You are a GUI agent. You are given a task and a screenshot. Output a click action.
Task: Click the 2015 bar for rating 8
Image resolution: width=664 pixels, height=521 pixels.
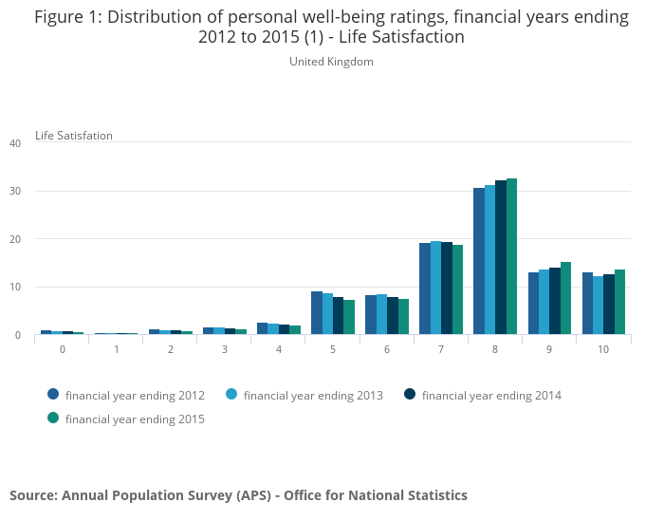[511, 256]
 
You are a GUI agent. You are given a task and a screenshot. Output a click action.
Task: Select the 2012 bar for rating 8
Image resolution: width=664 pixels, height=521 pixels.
[479, 261]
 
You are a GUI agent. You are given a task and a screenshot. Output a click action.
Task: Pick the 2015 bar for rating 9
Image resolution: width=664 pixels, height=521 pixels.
[565, 298]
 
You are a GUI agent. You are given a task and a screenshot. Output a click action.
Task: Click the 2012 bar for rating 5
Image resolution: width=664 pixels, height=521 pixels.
[317, 313]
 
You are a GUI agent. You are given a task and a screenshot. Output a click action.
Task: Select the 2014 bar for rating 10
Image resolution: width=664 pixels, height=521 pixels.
[609, 305]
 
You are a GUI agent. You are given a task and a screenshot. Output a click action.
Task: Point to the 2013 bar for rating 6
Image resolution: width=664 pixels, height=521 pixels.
[381, 314]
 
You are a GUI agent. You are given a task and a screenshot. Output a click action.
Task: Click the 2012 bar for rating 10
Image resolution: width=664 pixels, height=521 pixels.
[587, 304]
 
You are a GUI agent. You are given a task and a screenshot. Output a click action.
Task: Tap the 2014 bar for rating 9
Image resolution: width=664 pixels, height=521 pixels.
[555, 301]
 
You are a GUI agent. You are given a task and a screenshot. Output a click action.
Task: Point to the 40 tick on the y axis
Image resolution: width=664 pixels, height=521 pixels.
[15, 143]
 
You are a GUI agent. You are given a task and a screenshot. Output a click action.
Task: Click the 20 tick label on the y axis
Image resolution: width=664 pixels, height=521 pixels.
[15, 239]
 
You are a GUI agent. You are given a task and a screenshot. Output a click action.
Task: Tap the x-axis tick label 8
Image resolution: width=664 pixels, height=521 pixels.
[495, 349]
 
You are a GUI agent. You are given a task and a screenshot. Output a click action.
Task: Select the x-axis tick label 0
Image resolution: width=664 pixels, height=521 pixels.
[62, 349]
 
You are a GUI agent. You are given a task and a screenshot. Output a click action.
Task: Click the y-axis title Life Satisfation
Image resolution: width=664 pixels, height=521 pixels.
[74, 136]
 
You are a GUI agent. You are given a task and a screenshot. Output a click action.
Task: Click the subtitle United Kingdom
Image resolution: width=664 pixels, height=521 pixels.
[331, 62]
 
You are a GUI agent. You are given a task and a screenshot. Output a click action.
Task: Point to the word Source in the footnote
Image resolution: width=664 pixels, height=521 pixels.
[32, 495]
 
